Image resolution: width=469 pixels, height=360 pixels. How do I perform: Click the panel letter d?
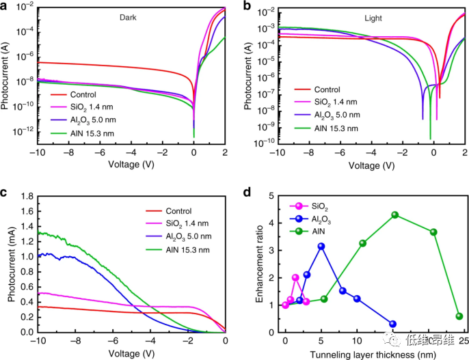pos(248,191)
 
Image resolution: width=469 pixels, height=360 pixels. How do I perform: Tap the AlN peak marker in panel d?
pos(395,215)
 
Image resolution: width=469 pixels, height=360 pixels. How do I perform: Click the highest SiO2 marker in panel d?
pos(295,277)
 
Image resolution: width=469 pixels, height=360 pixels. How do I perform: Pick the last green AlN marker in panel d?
pos(459,316)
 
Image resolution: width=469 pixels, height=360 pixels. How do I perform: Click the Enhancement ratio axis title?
pos(260,264)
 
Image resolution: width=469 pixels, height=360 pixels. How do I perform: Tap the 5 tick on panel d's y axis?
pos(272,196)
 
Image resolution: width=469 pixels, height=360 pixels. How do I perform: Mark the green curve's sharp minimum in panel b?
pos(431,139)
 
